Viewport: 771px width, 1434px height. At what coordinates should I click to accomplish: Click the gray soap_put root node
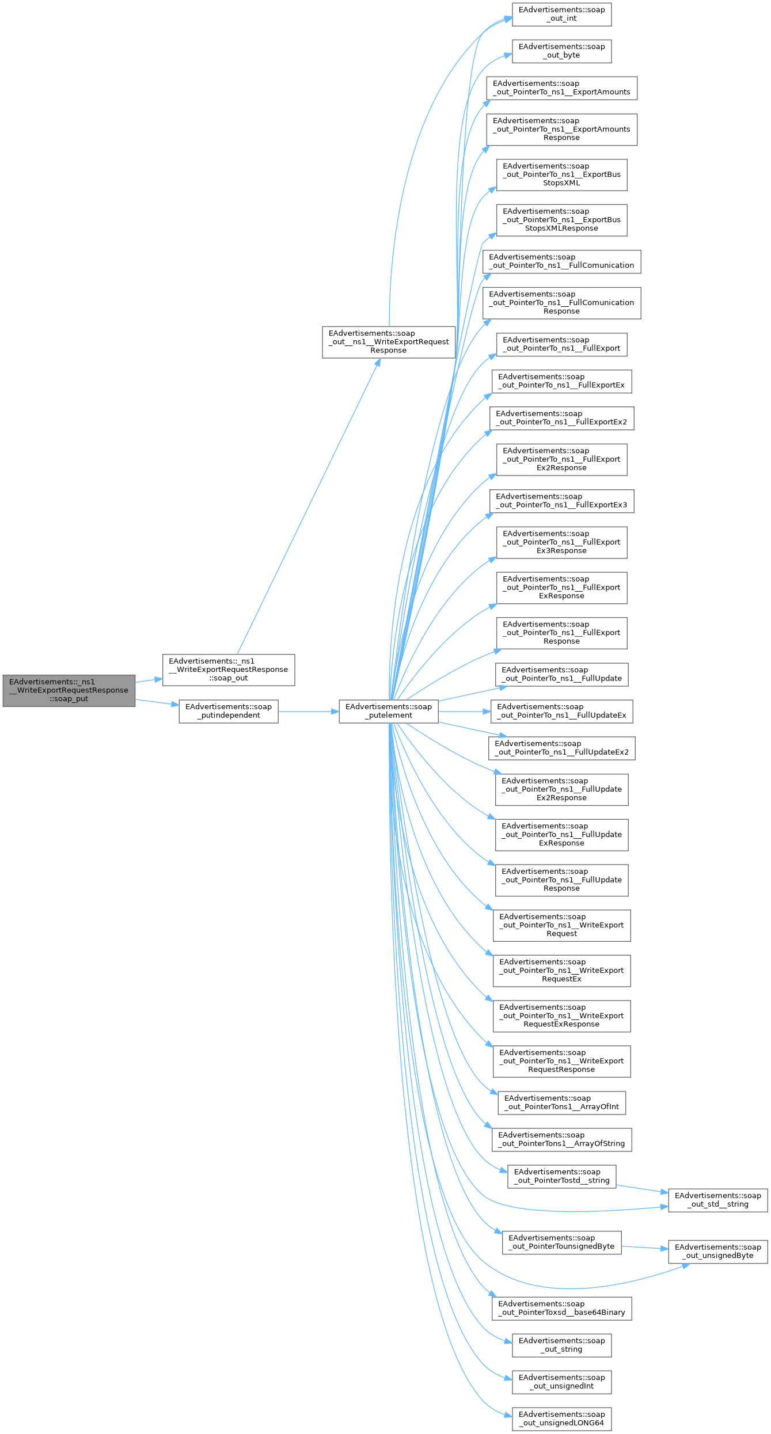pyautogui.click(x=69, y=690)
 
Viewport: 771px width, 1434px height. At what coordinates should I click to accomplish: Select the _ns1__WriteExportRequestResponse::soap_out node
pyautogui.click(x=228, y=670)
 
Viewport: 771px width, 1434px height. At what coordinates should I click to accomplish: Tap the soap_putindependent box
pyautogui.click(x=228, y=711)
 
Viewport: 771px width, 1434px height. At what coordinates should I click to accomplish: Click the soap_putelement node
pyautogui.click(x=388, y=711)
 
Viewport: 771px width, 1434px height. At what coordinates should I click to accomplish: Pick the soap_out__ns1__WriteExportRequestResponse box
pyautogui.click(x=388, y=341)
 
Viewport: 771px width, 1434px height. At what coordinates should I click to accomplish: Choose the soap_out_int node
pyautogui.click(x=561, y=14)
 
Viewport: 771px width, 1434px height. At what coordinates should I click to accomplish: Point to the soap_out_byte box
pyautogui.click(x=561, y=51)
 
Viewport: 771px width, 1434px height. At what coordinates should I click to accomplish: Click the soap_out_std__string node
pyautogui.click(x=717, y=1200)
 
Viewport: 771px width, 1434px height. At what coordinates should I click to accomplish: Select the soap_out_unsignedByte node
pyautogui.click(x=717, y=1252)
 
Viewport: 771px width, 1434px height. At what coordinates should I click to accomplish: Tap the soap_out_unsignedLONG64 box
pyautogui.click(x=561, y=1418)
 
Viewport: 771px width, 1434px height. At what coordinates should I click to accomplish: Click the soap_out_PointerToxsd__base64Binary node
pyautogui.click(x=561, y=1308)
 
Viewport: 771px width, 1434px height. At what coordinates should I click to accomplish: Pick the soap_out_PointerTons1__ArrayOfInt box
pyautogui.click(x=561, y=1102)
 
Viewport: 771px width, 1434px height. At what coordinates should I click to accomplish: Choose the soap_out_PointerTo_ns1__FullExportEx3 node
pyautogui.click(x=561, y=501)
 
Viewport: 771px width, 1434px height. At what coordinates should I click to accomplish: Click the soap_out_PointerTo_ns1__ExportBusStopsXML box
pyautogui.click(x=561, y=174)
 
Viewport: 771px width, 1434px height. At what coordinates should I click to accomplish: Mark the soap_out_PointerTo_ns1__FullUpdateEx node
pyautogui.click(x=561, y=711)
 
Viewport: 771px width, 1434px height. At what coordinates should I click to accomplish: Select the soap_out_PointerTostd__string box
pyautogui.click(x=561, y=1176)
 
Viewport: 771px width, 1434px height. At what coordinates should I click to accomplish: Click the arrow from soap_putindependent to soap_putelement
pyautogui.click(x=308, y=712)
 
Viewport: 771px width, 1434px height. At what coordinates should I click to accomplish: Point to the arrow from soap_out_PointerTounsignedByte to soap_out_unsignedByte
pyautogui.click(x=644, y=1247)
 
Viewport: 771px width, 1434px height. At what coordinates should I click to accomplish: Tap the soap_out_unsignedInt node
pyautogui.click(x=561, y=1382)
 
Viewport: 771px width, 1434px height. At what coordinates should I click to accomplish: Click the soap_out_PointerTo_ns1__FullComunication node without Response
pyautogui.click(x=561, y=261)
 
